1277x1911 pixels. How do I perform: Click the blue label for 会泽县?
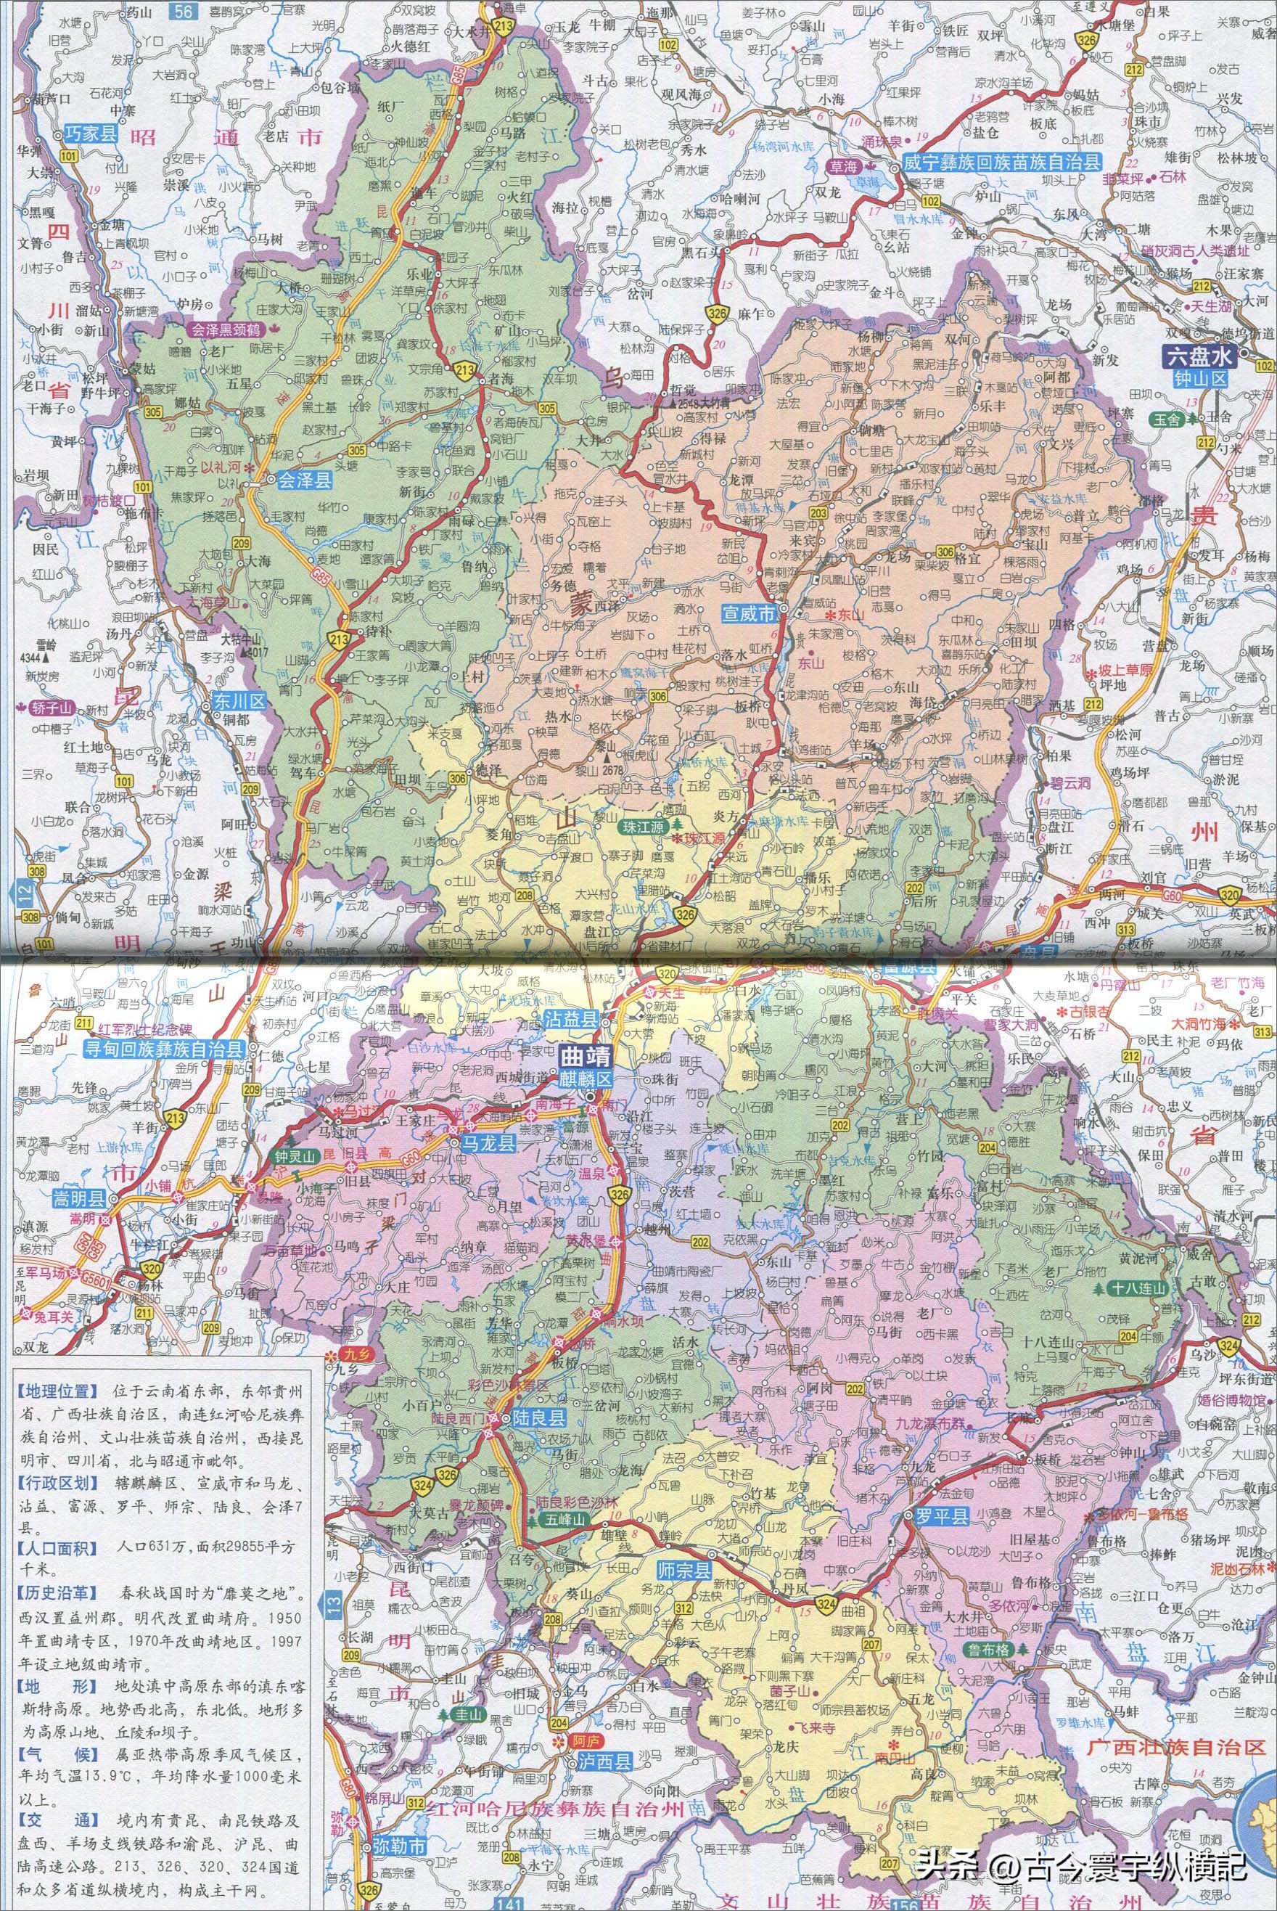pyautogui.click(x=304, y=481)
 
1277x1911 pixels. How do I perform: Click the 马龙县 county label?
pyautogui.click(x=490, y=1144)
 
